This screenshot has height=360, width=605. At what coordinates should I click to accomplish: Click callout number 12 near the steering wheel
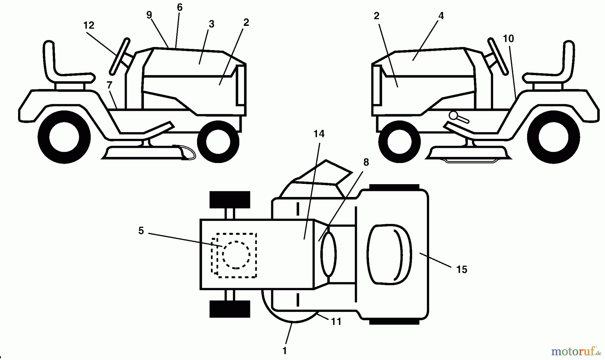[x=89, y=25]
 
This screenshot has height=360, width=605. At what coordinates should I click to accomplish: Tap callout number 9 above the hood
[x=149, y=15]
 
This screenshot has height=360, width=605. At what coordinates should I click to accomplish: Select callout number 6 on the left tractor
[x=179, y=7]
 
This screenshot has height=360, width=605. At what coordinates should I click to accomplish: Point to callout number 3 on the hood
[x=211, y=24]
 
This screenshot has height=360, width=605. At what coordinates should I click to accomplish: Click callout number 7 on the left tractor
[x=109, y=85]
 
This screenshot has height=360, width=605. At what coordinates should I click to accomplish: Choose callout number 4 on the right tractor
[x=441, y=16]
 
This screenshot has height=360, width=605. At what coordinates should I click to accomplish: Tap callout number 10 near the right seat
[x=508, y=39]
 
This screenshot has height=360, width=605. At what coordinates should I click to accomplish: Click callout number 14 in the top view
[x=319, y=134]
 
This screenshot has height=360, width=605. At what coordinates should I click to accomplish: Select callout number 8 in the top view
[x=366, y=162]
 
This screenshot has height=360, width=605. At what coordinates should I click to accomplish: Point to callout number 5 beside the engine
[x=141, y=231]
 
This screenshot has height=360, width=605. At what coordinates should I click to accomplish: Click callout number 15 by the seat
[x=461, y=269]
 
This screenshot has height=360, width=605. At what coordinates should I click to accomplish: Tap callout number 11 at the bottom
[x=336, y=322]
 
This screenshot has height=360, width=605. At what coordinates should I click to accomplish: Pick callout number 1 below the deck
[x=285, y=351]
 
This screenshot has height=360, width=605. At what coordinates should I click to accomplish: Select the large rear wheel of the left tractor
[x=64, y=137]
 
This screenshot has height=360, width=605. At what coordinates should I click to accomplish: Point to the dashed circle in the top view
[x=236, y=255]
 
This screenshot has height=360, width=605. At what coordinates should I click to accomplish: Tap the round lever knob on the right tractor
[x=453, y=116]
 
